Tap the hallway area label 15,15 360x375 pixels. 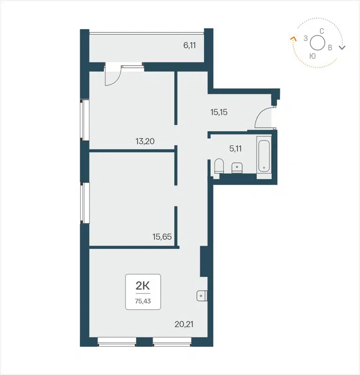pos(219,112)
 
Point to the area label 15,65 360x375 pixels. pos(162,237)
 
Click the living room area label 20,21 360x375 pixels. pos(183,323)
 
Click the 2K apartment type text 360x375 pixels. pos(143,285)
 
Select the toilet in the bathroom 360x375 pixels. pos(219,166)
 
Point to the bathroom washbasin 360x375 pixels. pos(236,167)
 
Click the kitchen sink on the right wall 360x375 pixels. pos(202,295)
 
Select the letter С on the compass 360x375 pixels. pos(322,31)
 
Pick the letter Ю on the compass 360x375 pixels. pos(312,56)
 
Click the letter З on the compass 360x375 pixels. pos(306,39)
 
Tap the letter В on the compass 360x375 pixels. pos(331,47)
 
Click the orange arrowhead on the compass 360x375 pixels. pos(294,39)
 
